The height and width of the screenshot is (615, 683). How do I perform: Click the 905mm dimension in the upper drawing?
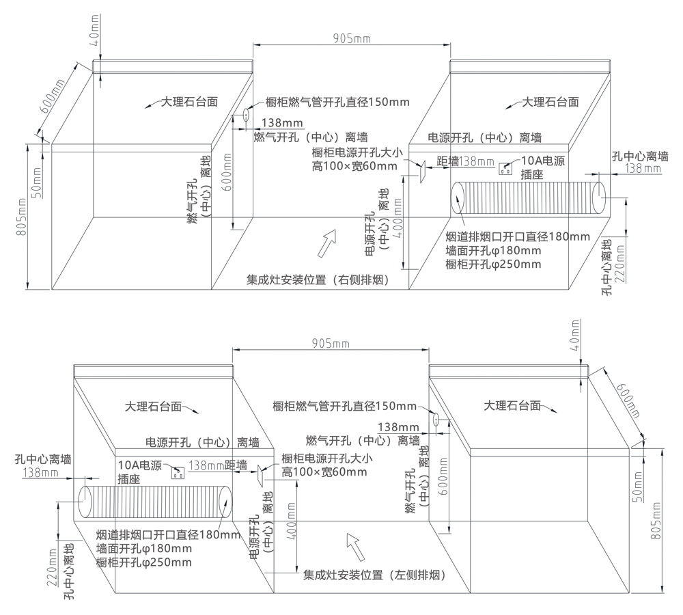352,38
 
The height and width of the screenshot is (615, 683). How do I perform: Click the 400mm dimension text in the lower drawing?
292,521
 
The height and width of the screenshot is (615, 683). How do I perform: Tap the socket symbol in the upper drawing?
506,169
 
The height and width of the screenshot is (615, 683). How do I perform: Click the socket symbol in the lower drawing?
179,471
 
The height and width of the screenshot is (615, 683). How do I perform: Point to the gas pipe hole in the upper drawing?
244,117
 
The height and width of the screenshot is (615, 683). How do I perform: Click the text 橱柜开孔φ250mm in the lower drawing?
144,562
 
